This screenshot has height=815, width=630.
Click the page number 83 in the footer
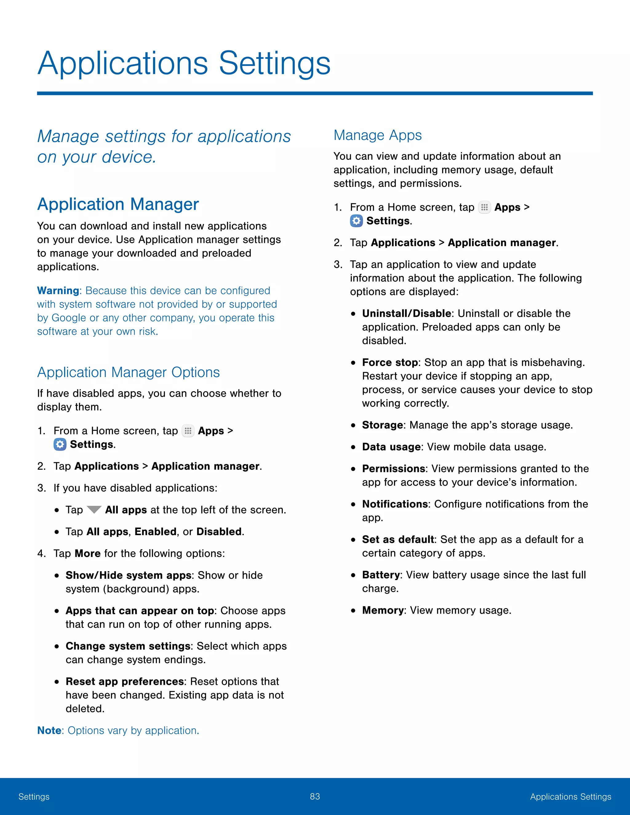(315, 796)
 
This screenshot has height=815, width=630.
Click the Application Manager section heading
(118, 205)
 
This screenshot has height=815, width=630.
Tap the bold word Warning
(58, 291)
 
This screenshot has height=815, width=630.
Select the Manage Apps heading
(377, 135)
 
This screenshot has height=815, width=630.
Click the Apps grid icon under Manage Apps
(484, 208)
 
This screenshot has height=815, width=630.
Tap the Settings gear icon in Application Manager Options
(60, 444)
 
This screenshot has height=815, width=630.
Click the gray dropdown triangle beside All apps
(94, 509)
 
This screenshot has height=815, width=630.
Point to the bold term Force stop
(390, 362)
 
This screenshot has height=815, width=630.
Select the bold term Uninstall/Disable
(406, 313)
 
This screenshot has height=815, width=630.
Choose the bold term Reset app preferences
(124, 682)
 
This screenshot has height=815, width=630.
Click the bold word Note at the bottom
(49, 730)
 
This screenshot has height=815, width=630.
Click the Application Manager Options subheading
(128, 372)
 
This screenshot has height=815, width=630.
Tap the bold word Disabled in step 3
(219, 531)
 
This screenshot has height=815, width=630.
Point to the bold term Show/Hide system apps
(128, 575)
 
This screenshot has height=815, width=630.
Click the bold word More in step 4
(88, 553)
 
